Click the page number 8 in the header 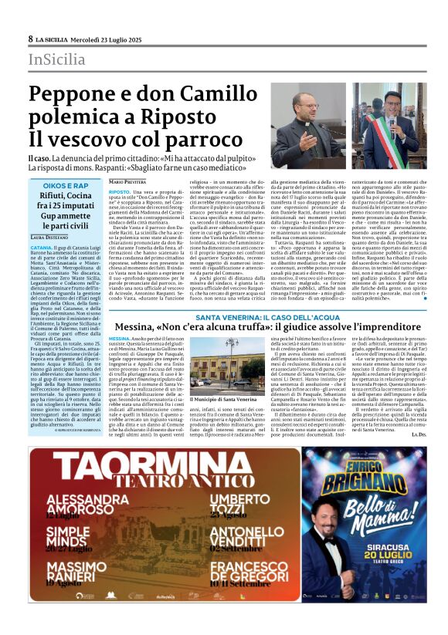(x=30, y=39)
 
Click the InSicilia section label (x=57, y=59)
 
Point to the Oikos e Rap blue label (x=66, y=186)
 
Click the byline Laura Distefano (x=49, y=237)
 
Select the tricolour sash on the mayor (x=386, y=142)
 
